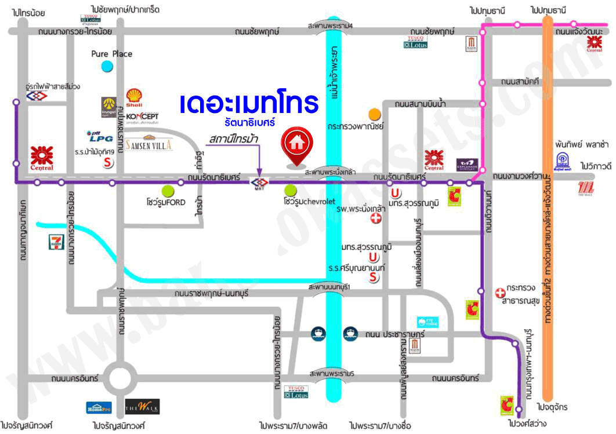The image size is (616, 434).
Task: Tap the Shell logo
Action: point(135,97)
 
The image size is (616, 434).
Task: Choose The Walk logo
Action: point(142,407)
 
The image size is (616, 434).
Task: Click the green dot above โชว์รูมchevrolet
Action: point(290,190)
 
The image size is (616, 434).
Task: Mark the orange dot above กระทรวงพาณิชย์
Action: point(375,114)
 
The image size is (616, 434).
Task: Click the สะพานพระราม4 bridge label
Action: point(331,25)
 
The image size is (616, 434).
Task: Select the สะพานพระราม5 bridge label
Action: point(331,374)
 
